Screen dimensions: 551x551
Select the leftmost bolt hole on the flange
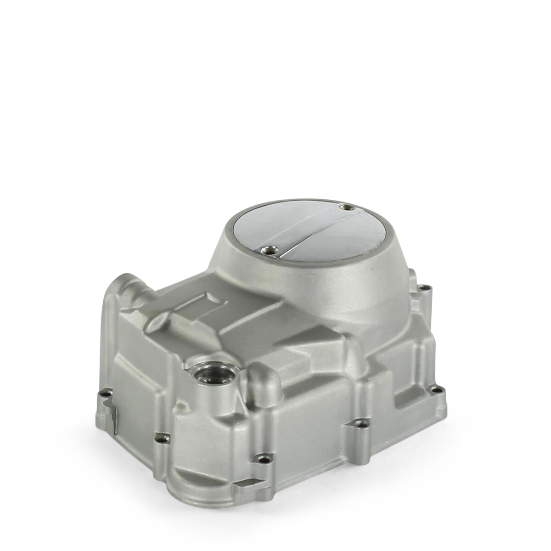point(107,394)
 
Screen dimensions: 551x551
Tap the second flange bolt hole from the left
point(161,437)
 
